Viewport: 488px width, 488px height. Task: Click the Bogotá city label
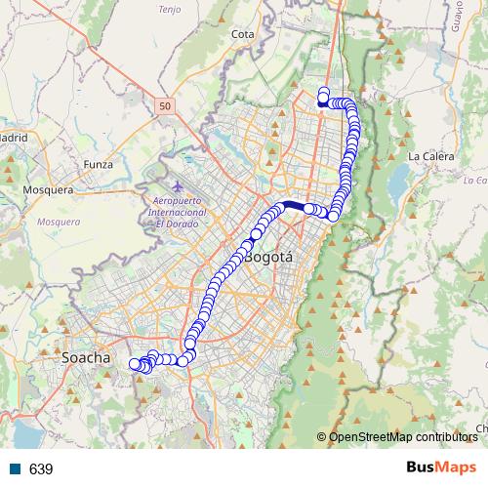coord(269,258)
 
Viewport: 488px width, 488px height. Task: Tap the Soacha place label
coord(86,358)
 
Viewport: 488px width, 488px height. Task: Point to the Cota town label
coord(243,34)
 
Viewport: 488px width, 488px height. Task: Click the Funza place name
coord(99,164)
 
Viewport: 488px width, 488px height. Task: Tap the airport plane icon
coord(177,185)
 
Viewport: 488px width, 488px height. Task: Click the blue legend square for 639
coord(14,468)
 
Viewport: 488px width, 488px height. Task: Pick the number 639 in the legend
coord(41,468)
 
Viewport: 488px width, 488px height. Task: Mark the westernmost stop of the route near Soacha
coord(135,363)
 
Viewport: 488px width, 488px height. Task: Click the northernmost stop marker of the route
coord(324,92)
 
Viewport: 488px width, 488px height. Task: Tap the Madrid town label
coord(12,138)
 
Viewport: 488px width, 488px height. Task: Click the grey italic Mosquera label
coord(58,222)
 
